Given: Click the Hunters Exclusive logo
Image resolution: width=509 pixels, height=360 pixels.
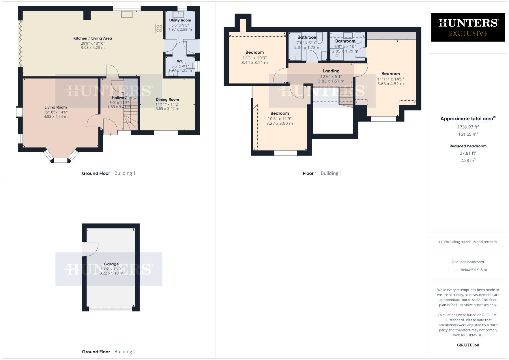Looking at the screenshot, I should [x=468, y=27].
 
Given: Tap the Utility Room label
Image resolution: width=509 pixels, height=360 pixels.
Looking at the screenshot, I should [x=180, y=20].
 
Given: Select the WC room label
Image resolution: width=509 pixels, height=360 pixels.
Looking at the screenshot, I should [x=180, y=61].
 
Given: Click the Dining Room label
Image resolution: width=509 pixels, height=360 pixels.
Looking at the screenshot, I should [x=167, y=99].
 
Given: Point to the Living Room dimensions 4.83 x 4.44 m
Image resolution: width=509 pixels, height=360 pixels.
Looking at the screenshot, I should [x=56, y=117].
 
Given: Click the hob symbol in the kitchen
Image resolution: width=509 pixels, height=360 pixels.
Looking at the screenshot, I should [x=159, y=28].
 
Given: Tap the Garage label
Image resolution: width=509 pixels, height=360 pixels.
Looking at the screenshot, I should [x=111, y=264].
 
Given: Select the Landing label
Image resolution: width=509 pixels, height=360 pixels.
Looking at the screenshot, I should [x=331, y=71].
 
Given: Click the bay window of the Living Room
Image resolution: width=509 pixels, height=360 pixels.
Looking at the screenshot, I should [x=61, y=157].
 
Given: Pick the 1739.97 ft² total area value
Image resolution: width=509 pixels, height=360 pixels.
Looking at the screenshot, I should [x=468, y=127].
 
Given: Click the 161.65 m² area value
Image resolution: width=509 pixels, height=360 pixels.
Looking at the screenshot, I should [x=468, y=134].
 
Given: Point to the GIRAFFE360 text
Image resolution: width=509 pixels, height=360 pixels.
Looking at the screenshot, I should [x=468, y=345].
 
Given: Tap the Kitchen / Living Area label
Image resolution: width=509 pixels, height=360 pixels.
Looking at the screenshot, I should [x=93, y=38].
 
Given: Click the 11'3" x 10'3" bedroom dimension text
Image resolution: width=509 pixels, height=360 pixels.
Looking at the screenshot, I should [x=255, y=58].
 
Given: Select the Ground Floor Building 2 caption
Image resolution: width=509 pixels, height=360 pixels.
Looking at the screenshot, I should [x=109, y=352].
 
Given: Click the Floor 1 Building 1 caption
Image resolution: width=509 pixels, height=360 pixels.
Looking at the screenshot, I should [x=322, y=173].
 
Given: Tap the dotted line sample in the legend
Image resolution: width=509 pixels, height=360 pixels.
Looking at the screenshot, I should [x=454, y=270].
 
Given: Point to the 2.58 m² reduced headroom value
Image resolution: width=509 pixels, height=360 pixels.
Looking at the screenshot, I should [x=468, y=160].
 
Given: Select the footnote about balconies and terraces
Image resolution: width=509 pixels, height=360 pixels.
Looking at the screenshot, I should [x=468, y=242].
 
